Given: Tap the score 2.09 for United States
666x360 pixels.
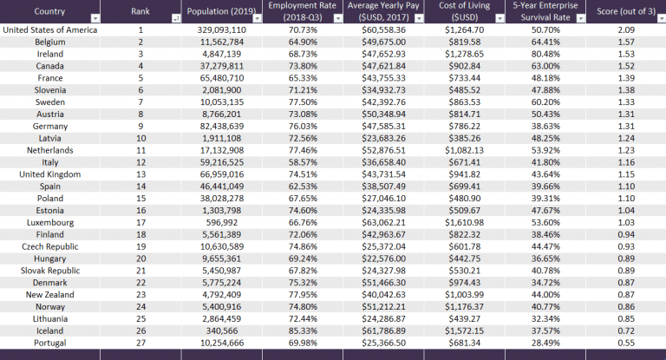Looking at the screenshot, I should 625,29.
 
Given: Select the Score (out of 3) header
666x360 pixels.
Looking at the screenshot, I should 620,11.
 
